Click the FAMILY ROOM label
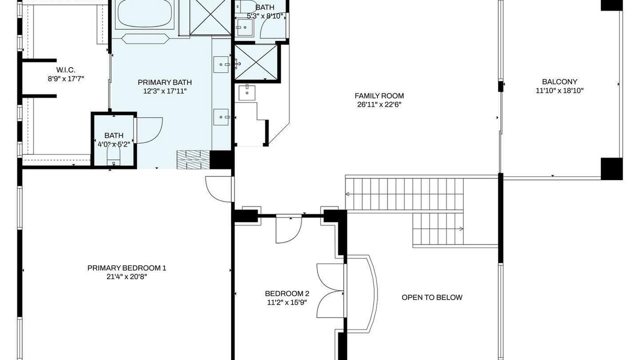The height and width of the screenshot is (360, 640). click(x=379, y=95)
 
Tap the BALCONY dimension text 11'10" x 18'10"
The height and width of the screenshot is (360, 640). click(x=559, y=91)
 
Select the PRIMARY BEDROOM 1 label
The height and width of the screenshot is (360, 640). click(x=126, y=268)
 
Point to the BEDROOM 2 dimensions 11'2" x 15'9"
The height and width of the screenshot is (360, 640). click(x=287, y=302)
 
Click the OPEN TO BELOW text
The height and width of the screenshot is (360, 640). click(x=432, y=297)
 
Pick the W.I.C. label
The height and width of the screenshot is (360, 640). click(x=65, y=69)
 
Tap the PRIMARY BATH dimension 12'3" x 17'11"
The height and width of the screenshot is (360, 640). click(x=165, y=91)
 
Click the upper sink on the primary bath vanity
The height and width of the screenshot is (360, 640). click(x=221, y=64)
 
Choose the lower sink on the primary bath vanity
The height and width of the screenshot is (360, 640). click(x=221, y=117)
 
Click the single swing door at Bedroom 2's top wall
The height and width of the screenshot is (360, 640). click(x=289, y=228)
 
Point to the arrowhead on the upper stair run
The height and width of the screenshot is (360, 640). click(x=347, y=194)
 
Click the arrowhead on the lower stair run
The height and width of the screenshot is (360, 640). click(x=461, y=228)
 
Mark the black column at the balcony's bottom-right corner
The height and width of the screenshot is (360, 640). click(x=611, y=168)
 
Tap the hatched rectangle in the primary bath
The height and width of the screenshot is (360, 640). click(x=193, y=159)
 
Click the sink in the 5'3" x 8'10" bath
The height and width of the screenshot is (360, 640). click(x=244, y=27)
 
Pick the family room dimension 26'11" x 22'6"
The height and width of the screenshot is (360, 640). click(x=379, y=104)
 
